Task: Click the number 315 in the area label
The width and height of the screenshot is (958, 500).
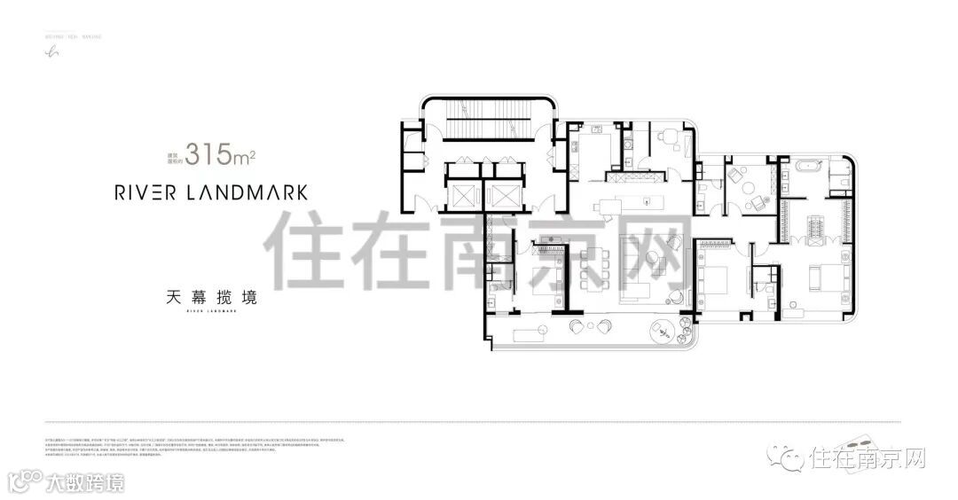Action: tap(210, 158)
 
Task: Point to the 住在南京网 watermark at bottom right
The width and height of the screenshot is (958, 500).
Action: tap(867, 458)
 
